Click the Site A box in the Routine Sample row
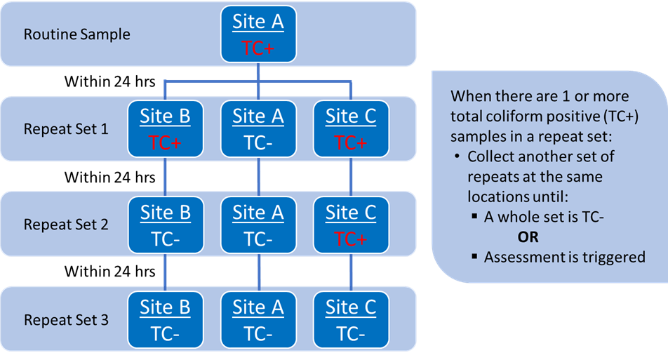click(258, 34)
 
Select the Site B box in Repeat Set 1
click(165, 129)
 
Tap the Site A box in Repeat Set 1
click(258, 129)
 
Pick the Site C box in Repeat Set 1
click(351, 129)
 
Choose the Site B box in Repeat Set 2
click(165, 225)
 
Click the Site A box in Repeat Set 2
click(258, 225)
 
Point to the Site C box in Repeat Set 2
click(351, 225)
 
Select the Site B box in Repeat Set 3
click(165, 321)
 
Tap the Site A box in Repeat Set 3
click(258, 321)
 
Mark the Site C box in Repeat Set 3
click(351, 321)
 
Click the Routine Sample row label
click(77, 34)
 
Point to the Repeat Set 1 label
click(66, 129)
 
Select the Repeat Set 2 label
click(66, 225)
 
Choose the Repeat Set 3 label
click(66, 321)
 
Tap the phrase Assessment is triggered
click(564, 257)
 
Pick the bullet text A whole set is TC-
click(544, 217)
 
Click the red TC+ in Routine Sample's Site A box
click(258, 48)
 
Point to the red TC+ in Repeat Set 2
click(351, 239)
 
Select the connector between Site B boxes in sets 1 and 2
click(165, 177)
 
